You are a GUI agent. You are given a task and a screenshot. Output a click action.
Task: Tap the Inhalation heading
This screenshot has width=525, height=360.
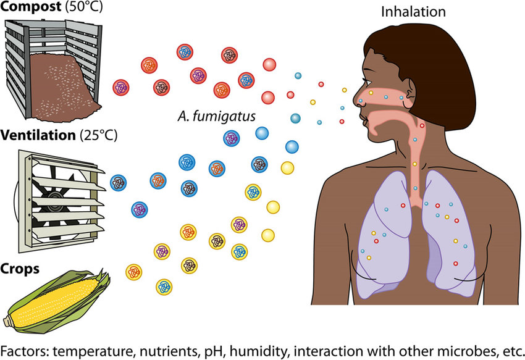coord(413,12)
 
